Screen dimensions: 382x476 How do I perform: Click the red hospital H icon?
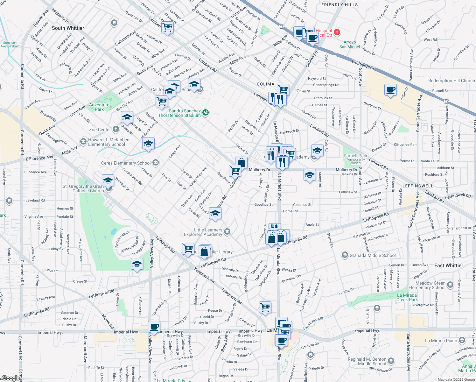click(337, 32)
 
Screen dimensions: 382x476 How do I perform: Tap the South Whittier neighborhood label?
click(68, 28)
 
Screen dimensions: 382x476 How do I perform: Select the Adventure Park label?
click(99, 107)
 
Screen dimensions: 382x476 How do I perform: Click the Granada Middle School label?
click(373, 255)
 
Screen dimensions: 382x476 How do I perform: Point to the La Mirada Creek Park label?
click(407, 297)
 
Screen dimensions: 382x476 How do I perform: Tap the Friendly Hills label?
click(339, 5)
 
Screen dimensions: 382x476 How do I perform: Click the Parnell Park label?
click(355, 156)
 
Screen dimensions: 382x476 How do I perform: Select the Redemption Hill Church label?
click(451, 81)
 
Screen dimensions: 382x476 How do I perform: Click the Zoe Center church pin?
click(115, 129)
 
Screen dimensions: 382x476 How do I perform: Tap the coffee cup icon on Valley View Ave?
click(154, 327)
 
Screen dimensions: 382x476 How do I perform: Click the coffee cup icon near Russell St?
click(390, 90)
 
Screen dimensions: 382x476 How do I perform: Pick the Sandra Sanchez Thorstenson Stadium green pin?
click(206, 113)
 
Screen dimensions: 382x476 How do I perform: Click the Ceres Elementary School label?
click(126, 163)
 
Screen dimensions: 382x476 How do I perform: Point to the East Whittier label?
click(449, 265)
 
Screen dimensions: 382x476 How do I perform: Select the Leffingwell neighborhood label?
click(418, 186)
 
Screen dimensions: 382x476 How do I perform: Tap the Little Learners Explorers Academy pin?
click(227, 231)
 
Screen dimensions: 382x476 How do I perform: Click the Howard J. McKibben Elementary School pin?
click(83, 141)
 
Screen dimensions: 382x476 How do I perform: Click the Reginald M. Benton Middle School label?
click(371, 361)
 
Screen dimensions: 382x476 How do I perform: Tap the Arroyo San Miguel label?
click(350, 45)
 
